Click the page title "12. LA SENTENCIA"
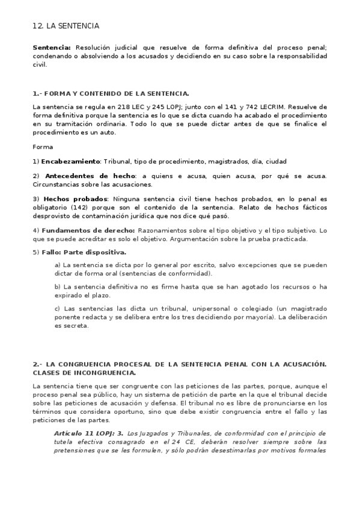pyautogui.click(x=66, y=26)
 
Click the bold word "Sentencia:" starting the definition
pyautogui.click(x=52, y=46)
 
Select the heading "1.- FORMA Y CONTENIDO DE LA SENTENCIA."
pyautogui.click(x=111, y=93)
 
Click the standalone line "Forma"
pyautogui.click(x=43, y=147)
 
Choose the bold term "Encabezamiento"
pyautogui.click(x=70, y=161)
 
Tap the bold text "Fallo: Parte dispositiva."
pyautogui.click(x=84, y=252)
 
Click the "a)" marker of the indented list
pyautogui.click(x=57, y=265)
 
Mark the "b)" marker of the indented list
pyautogui.click(x=58, y=286)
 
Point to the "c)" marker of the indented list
pyautogui.click(x=57, y=309)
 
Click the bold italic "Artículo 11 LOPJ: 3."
pyautogui.click(x=88, y=433)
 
